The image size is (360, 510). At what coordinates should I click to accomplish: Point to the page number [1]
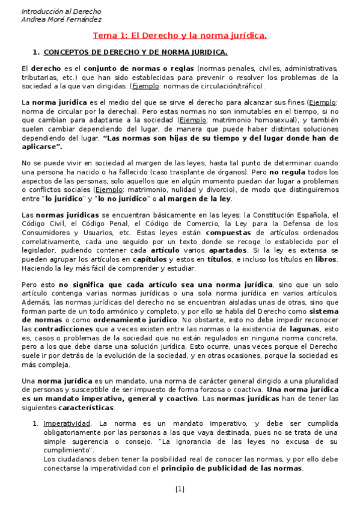tap(180, 489)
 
